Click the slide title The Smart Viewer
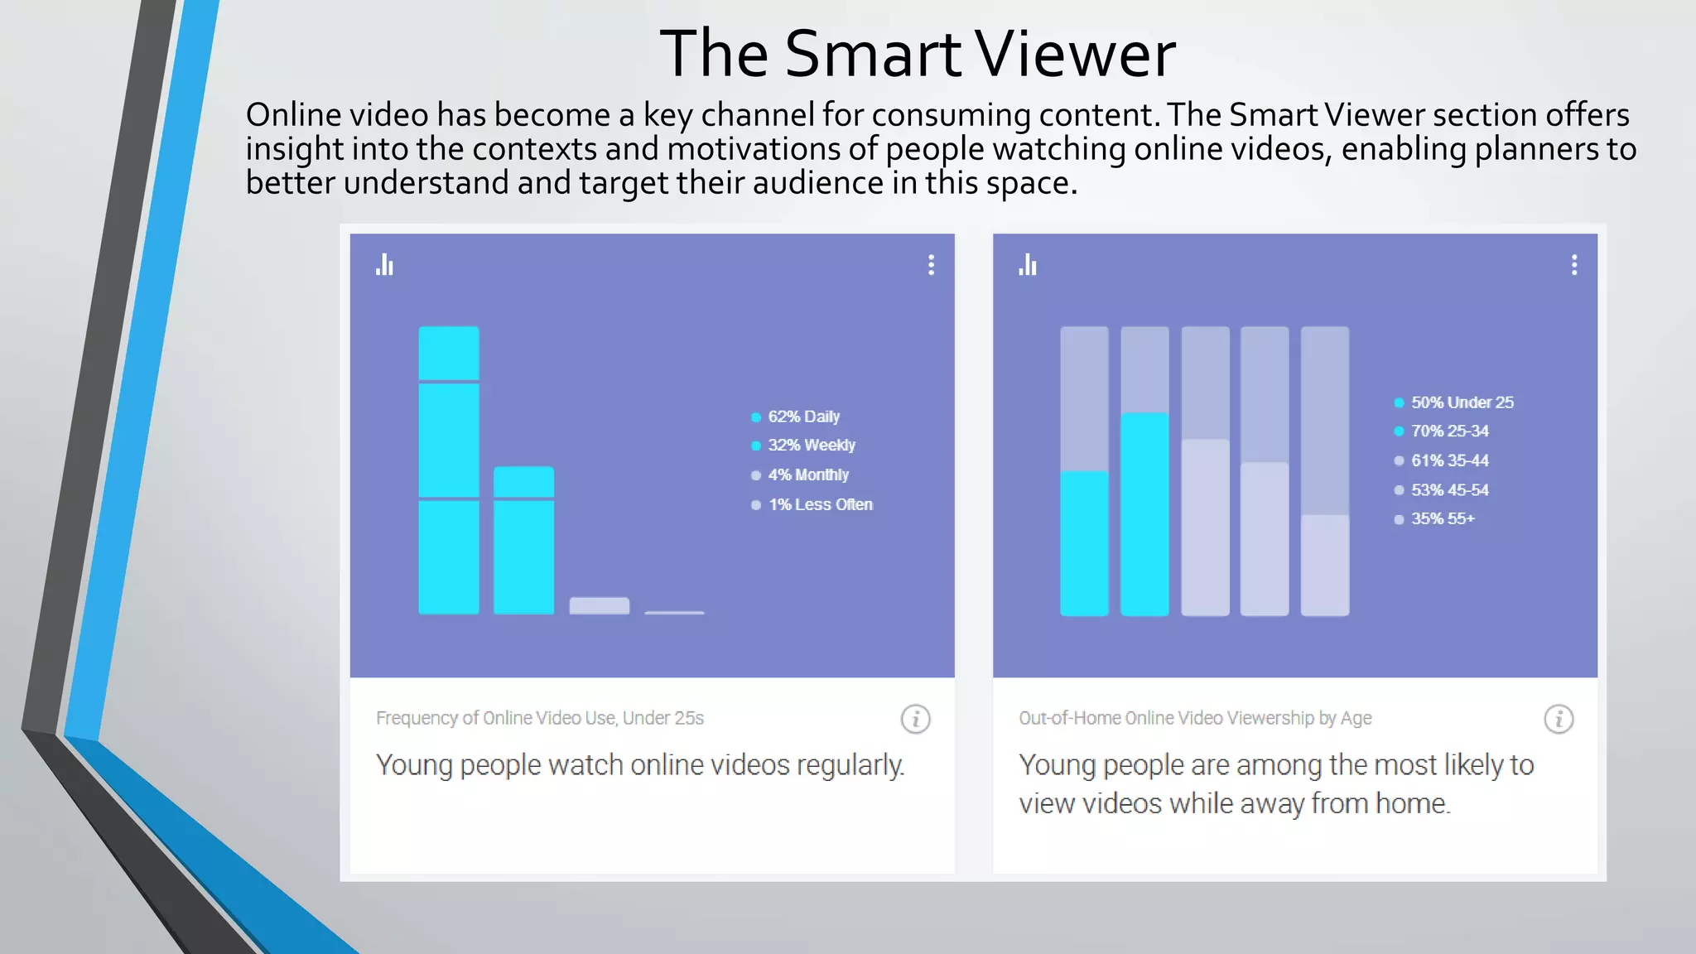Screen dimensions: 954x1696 (x=917, y=54)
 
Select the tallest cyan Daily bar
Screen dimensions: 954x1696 (x=448, y=470)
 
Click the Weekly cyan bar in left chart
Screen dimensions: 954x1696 (x=523, y=540)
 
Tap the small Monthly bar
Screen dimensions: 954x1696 (x=599, y=605)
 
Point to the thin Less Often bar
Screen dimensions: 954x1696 (x=674, y=612)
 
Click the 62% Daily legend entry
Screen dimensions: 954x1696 (x=802, y=417)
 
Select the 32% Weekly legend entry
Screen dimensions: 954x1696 (x=810, y=446)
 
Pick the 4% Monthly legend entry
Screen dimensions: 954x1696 (x=807, y=475)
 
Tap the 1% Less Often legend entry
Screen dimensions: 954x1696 (x=819, y=504)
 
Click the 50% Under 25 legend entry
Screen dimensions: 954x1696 (x=1461, y=402)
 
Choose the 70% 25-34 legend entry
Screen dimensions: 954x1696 (x=1448, y=431)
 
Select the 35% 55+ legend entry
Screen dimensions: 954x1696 (x=1442, y=519)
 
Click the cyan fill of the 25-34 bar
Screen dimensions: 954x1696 (x=1144, y=513)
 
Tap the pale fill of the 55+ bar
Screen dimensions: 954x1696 (x=1325, y=565)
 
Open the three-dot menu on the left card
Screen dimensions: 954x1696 (x=931, y=265)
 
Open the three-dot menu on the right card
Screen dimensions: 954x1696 (x=1573, y=265)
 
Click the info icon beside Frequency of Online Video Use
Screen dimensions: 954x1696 (x=915, y=719)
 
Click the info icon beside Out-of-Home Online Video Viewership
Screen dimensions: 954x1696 (x=1558, y=719)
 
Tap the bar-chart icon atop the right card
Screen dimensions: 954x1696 (x=1028, y=265)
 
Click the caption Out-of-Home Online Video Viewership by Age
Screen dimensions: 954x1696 (x=1194, y=718)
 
